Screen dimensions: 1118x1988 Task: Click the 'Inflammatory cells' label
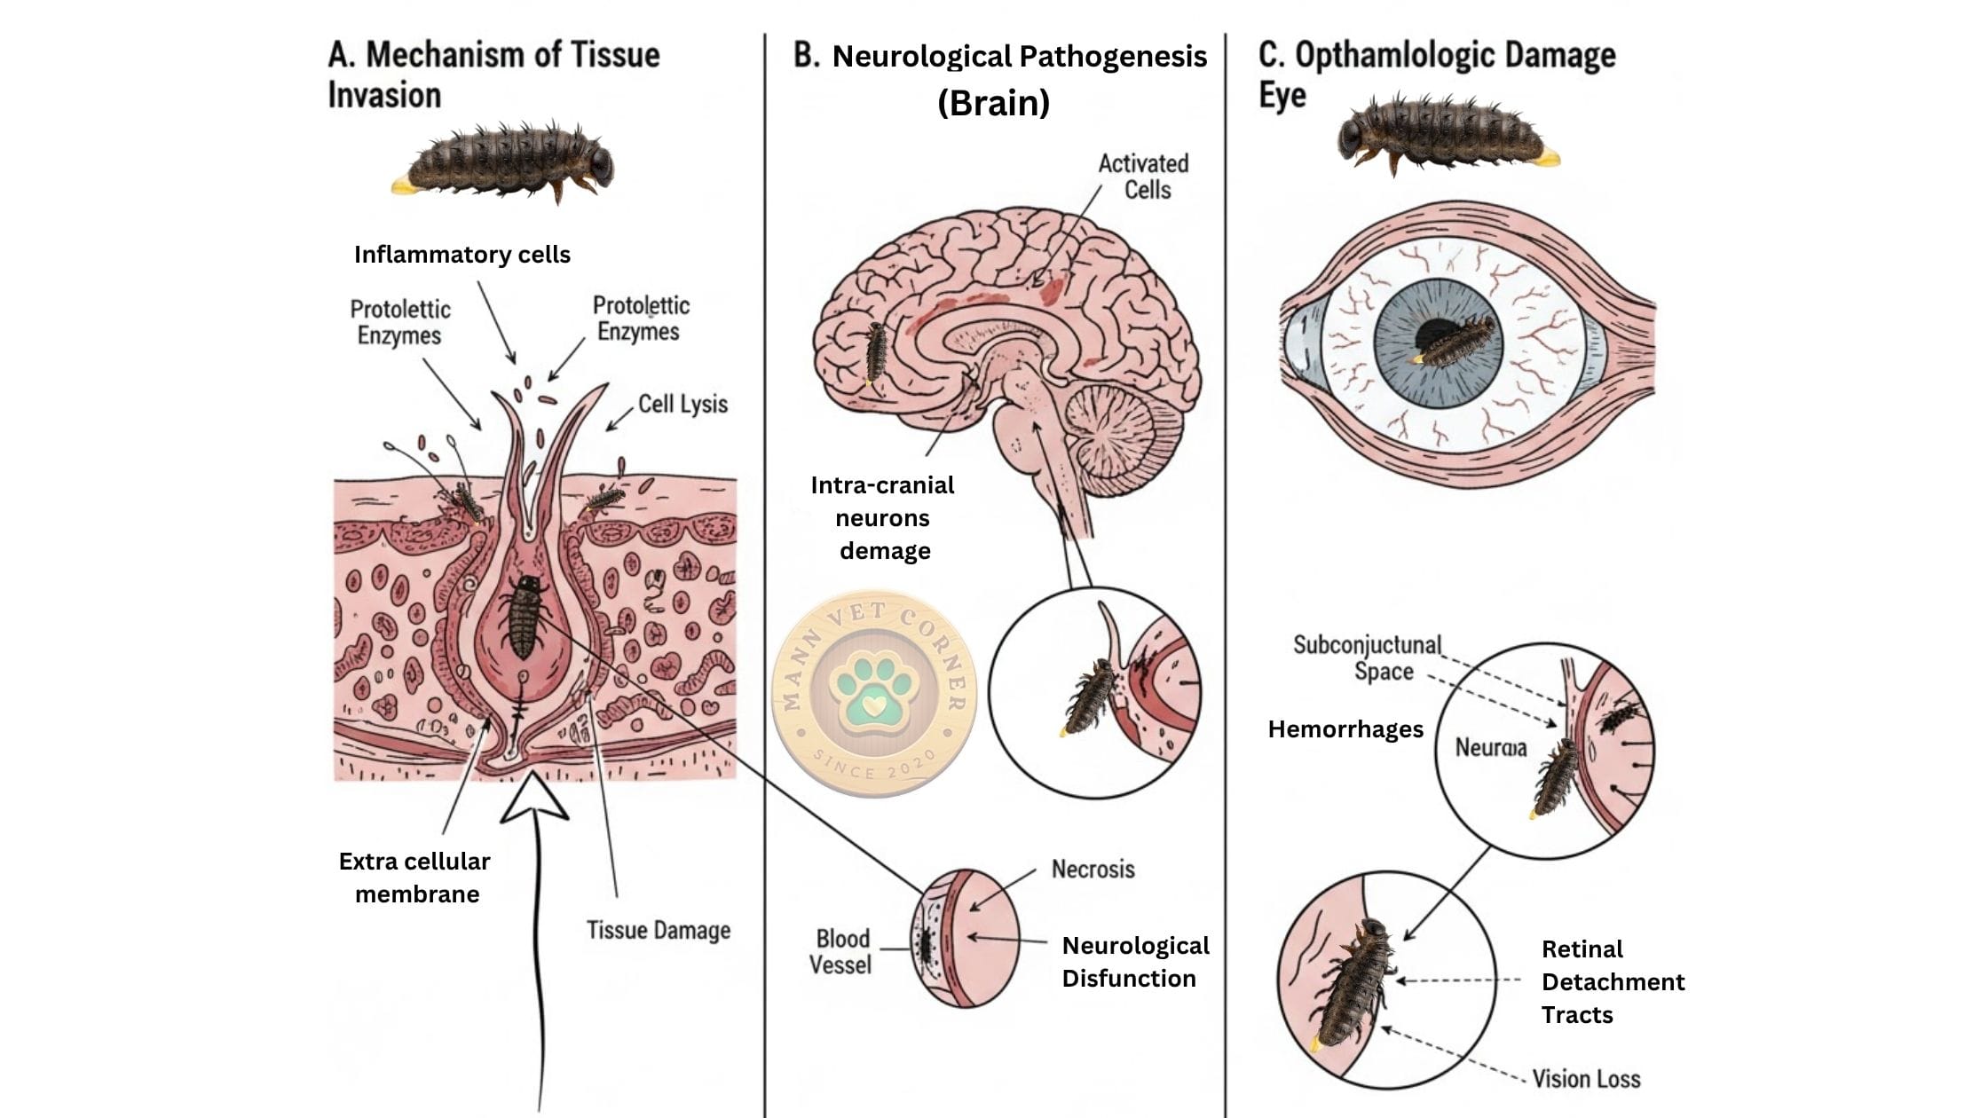[x=461, y=255]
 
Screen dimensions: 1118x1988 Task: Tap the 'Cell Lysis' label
[x=682, y=405]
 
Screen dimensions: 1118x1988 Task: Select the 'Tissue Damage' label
[x=659, y=930]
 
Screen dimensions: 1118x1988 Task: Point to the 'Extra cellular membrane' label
[x=415, y=878]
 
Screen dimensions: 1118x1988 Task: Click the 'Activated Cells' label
[x=1143, y=177]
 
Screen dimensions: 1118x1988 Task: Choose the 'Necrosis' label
[x=1093, y=869]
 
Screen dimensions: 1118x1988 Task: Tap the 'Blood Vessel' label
[x=841, y=951]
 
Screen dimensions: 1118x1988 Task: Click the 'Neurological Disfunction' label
[x=1134, y=962]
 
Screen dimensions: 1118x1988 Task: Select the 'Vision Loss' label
[x=1586, y=1079]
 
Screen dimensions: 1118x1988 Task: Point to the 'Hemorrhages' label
[x=1345, y=729]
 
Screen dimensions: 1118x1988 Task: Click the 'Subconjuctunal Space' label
[x=1367, y=657]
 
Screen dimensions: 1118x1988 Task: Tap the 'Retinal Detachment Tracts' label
[x=1612, y=981]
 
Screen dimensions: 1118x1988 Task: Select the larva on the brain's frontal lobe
[x=876, y=351]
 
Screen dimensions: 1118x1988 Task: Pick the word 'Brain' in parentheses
[x=993, y=103]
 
